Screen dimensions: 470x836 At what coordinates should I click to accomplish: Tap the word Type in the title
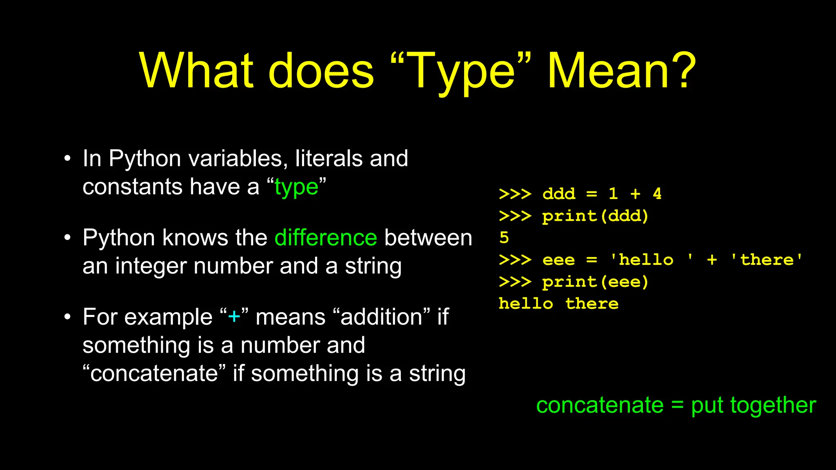click(x=461, y=71)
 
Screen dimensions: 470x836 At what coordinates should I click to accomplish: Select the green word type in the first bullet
click(x=296, y=187)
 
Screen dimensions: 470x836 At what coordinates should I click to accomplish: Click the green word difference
click(x=326, y=237)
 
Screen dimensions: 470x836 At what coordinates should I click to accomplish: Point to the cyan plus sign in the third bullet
click(x=234, y=317)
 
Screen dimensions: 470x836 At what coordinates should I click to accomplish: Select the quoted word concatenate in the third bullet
click(x=154, y=373)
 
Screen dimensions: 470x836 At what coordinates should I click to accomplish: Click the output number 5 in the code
click(x=504, y=237)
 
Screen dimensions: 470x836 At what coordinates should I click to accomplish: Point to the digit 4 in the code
click(x=657, y=193)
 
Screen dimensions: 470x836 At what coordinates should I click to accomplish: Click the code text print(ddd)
click(x=595, y=216)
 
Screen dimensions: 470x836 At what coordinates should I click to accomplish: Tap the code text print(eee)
click(x=595, y=282)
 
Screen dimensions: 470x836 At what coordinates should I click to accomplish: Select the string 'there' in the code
click(x=767, y=260)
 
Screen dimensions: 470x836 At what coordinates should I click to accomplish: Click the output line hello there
click(x=558, y=304)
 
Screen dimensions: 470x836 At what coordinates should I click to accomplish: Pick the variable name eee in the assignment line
click(x=558, y=260)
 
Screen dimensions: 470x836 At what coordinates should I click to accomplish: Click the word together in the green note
click(x=773, y=406)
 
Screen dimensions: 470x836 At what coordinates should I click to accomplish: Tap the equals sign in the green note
click(x=677, y=405)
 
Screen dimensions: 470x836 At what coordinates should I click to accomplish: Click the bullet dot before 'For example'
click(x=67, y=317)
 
